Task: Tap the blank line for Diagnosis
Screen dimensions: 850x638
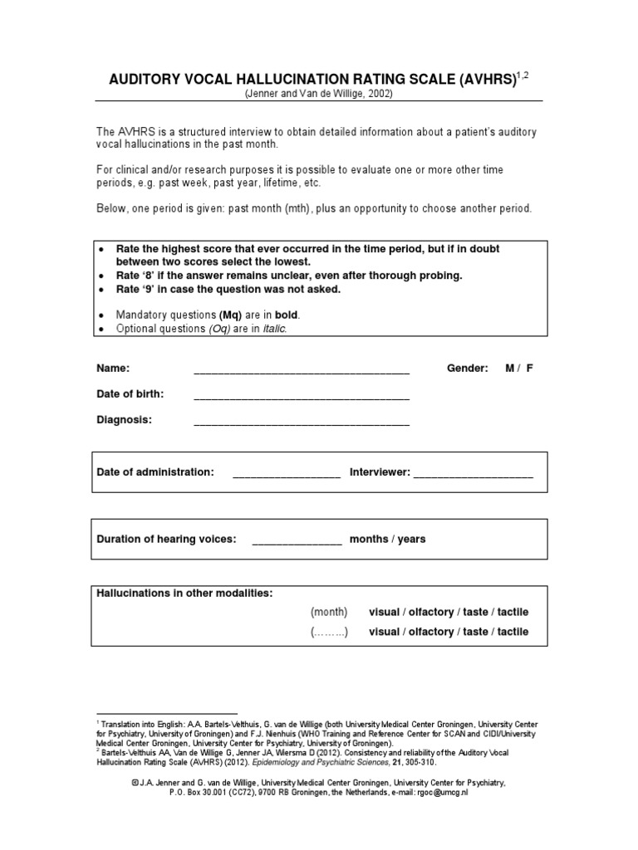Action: [302, 423]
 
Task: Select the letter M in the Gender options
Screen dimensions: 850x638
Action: [510, 369]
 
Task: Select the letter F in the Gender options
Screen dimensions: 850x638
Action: [529, 369]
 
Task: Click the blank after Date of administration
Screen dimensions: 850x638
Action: [287, 475]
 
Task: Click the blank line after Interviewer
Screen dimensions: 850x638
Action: [473, 475]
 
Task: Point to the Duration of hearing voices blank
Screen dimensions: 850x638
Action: [297, 542]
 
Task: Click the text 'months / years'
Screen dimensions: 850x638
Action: [387, 540]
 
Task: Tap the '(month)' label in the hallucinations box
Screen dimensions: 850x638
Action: [329, 612]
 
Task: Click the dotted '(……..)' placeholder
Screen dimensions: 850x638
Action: [329, 632]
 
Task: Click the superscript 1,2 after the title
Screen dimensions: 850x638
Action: [522, 76]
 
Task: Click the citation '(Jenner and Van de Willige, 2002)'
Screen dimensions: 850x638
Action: [318, 94]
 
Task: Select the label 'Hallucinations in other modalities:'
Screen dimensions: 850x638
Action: [184, 593]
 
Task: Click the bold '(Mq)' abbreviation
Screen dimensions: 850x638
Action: [230, 315]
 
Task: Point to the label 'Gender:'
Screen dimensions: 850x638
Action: [468, 369]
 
